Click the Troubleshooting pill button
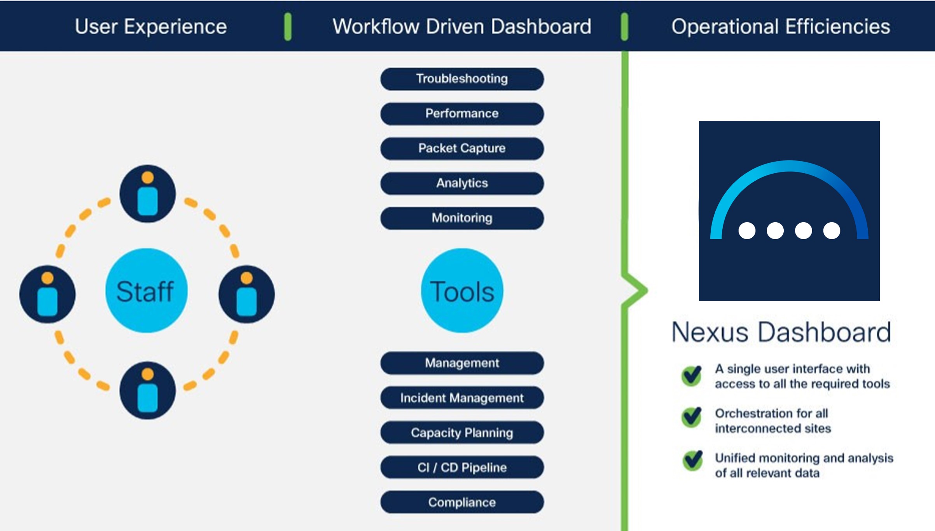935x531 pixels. tap(462, 79)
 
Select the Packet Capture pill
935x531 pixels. tap(462, 148)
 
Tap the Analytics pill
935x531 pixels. tap(462, 183)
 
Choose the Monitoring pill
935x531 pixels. tap(462, 218)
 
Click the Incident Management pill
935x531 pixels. tap(462, 398)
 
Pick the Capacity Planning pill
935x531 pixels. tap(462, 433)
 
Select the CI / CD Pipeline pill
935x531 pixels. tap(462, 467)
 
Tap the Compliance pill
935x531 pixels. tap(462, 502)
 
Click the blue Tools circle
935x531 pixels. tap(462, 291)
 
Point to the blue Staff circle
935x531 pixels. tap(146, 291)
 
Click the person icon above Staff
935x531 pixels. tap(147, 193)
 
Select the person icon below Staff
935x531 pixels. tap(147, 390)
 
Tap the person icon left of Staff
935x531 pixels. tap(47, 294)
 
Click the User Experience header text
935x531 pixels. tap(150, 27)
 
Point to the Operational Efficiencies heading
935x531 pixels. tap(781, 27)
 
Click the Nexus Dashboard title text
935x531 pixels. tap(781, 333)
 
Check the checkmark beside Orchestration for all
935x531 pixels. tap(692, 418)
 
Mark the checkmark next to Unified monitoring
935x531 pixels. tap(692, 461)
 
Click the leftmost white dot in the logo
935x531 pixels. tap(747, 231)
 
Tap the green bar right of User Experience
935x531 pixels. tap(288, 26)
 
